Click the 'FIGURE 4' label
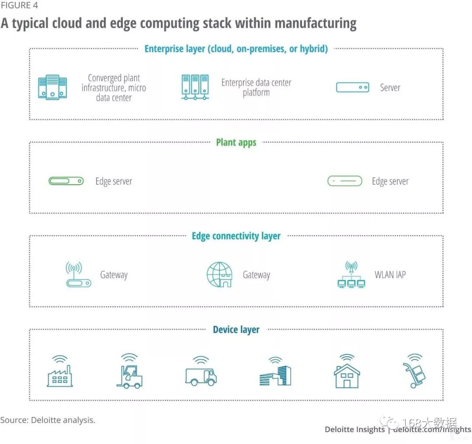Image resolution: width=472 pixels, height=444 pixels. (19, 6)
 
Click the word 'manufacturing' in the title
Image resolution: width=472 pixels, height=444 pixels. (312, 23)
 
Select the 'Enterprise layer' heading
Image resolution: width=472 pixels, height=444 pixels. (236, 49)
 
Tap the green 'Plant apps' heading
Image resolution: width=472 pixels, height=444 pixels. (236, 143)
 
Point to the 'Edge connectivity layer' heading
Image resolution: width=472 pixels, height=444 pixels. (236, 236)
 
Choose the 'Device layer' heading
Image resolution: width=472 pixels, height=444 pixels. (236, 330)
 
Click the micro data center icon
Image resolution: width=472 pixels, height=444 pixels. (52, 87)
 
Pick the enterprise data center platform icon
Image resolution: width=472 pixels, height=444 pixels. (195, 87)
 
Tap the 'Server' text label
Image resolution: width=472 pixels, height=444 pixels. (390, 87)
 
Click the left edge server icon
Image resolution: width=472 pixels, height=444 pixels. (66, 181)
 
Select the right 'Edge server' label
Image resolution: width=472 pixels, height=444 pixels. (390, 181)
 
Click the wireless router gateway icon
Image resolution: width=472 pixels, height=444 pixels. (78, 275)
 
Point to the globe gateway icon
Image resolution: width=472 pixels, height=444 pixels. (219, 275)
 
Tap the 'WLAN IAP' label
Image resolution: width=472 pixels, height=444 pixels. (390, 275)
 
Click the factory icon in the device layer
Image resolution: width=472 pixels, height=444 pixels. (60, 373)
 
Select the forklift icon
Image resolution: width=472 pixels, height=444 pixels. (129, 373)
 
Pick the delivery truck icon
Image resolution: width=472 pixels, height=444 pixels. (201, 373)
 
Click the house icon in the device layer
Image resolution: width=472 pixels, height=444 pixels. (347, 373)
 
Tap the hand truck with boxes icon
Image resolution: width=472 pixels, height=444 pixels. (414, 373)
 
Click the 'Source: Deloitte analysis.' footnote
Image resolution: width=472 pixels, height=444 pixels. (48, 420)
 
